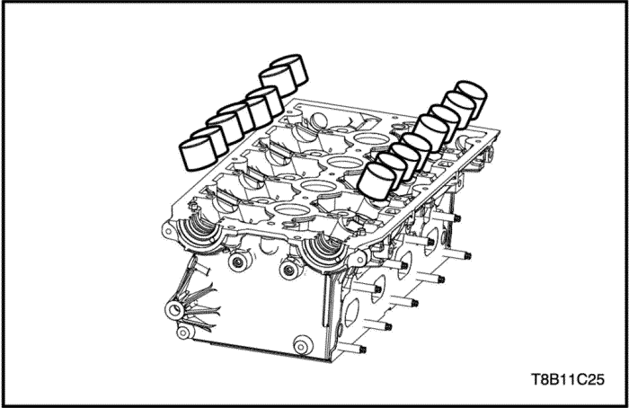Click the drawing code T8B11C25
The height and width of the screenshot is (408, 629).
(x=567, y=379)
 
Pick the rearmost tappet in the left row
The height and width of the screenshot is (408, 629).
(x=289, y=70)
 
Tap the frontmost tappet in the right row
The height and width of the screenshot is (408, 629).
(x=378, y=182)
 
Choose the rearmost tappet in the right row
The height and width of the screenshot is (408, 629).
(x=472, y=99)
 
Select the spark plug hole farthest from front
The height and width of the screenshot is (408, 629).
(x=372, y=139)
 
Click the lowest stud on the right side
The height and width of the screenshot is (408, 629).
(x=353, y=348)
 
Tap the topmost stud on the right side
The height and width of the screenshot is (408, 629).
(x=447, y=217)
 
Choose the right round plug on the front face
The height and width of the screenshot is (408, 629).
(x=290, y=270)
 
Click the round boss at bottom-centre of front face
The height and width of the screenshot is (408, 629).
(x=303, y=345)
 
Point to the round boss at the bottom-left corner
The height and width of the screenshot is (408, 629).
(x=183, y=333)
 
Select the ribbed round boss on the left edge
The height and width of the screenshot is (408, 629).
(x=174, y=309)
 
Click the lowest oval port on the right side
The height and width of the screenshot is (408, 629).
(x=351, y=312)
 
